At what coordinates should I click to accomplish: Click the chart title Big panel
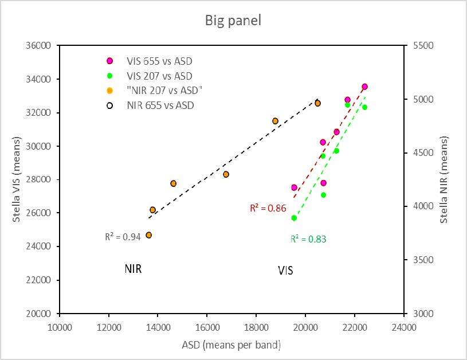(x=233, y=21)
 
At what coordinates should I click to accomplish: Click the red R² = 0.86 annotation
(x=268, y=209)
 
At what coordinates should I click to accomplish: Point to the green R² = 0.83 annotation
(x=308, y=239)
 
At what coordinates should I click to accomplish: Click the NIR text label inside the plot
(x=133, y=268)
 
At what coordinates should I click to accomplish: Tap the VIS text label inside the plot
(x=285, y=271)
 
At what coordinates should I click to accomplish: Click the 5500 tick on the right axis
(x=421, y=46)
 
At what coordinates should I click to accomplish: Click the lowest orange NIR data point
(x=149, y=235)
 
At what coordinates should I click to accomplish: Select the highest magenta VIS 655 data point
(x=364, y=87)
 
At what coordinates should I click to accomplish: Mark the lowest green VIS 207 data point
(x=294, y=218)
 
